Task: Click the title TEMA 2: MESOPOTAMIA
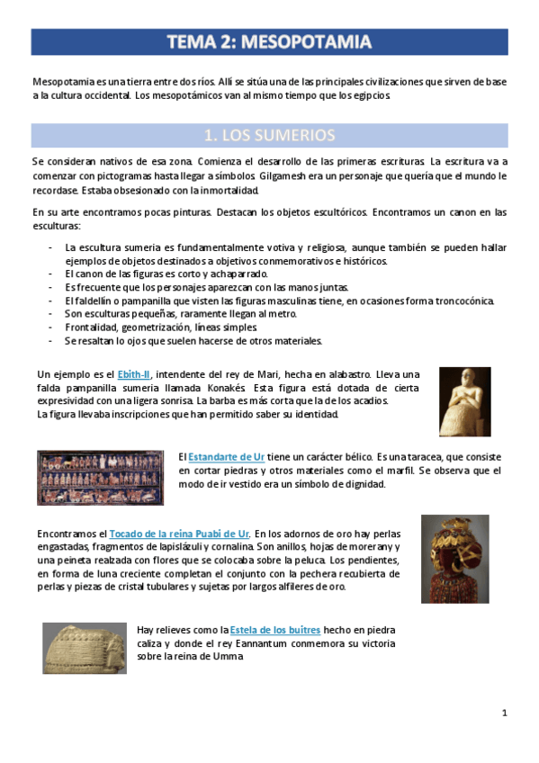269,42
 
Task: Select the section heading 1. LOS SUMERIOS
269,136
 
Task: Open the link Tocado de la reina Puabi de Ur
179,534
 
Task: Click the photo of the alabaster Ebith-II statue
464,401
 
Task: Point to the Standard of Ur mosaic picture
101,478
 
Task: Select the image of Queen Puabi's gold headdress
455,559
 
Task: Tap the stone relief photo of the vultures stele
85,647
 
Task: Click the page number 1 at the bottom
505,714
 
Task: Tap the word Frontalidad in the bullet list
94,328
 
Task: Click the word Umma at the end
231,657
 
